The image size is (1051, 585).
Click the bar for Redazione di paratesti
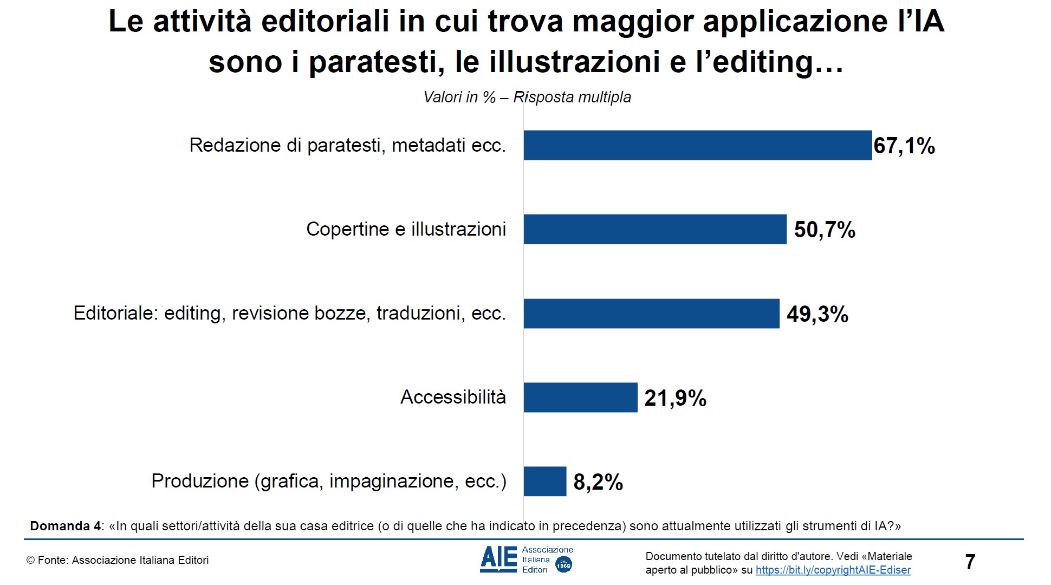(697, 145)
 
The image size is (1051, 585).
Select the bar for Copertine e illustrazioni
(654, 229)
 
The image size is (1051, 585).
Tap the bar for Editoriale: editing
(651, 314)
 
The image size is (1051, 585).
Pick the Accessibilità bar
(580, 398)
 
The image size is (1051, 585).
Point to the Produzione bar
(544, 482)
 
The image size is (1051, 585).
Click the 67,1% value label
(904, 146)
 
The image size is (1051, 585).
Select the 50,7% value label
(825, 230)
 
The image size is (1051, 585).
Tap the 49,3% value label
(818, 314)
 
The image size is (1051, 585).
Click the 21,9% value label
(675, 399)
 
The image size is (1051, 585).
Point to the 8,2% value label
(598, 482)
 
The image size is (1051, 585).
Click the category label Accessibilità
(453, 397)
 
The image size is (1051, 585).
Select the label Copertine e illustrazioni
(406, 229)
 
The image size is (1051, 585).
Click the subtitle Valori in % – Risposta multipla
(527, 97)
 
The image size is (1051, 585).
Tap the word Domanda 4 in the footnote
(65, 526)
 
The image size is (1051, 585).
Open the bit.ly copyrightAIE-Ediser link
(833, 570)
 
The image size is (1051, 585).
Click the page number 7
(970, 562)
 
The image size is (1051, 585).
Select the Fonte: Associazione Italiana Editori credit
(118, 561)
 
